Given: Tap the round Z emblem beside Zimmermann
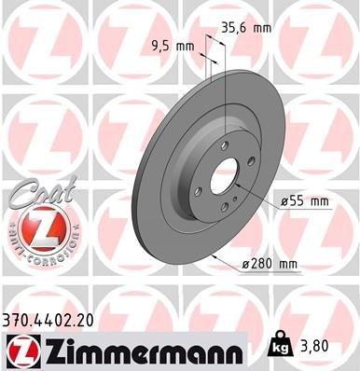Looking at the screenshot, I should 22,352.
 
